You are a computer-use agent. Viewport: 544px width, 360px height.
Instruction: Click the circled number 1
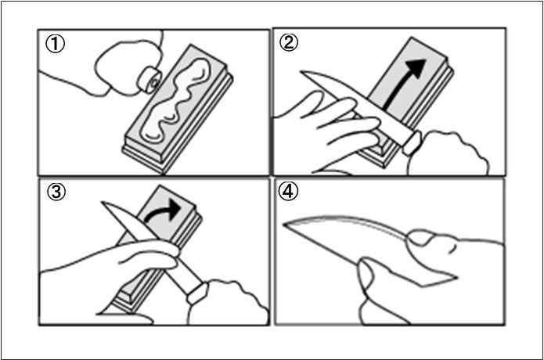(x=55, y=44)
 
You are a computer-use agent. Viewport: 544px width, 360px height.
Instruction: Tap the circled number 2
(x=289, y=43)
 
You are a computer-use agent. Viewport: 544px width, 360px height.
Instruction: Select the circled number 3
(x=56, y=192)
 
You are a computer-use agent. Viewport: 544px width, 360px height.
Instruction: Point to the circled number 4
(x=288, y=191)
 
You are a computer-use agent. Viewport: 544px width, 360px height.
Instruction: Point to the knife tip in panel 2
(x=301, y=72)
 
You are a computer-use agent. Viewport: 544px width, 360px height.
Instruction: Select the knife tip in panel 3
(x=103, y=202)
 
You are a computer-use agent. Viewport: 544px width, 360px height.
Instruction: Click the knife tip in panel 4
(x=284, y=225)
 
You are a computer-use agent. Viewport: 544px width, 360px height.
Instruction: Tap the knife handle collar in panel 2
(x=413, y=143)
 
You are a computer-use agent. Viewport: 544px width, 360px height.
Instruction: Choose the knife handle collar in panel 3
(x=198, y=293)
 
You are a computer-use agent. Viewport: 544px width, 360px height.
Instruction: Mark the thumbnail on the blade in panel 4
(x=419, y=238)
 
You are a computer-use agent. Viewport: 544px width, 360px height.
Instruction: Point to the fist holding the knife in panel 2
(x=449, y=153)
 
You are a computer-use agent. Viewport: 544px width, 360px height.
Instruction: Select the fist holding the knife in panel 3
(x=229, y=302)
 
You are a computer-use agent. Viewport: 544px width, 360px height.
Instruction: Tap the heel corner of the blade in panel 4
(x=456, y=278)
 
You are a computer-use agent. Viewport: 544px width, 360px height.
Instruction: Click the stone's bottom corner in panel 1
(x=163, y=171)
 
